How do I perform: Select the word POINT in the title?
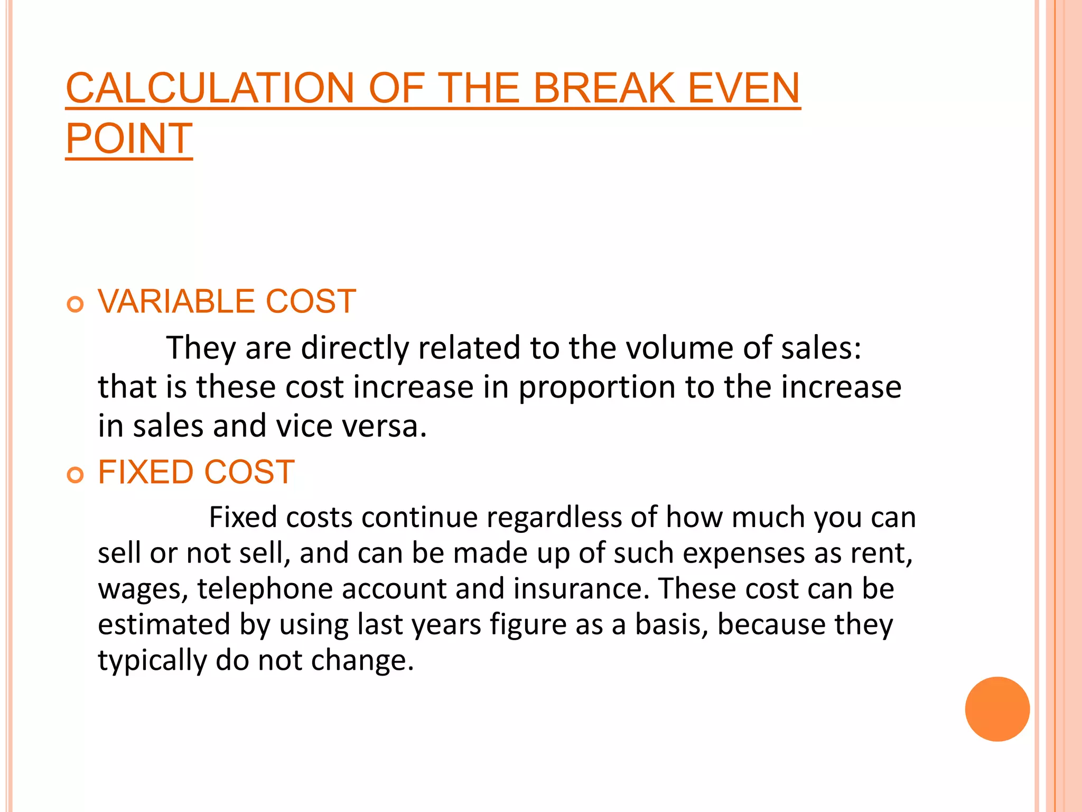click(129, 139)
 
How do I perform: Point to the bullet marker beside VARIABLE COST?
click(76, 304)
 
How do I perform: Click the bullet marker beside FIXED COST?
click(76, 475)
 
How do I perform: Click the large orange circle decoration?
click(997, 709)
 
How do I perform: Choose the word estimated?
click(164, 624)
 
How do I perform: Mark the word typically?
click(153, 660)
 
